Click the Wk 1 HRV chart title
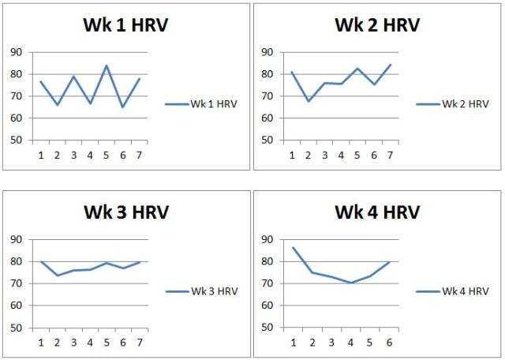pyautogui.click(x=125, y=24)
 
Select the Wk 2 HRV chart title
pyautogui.click(x=376, y=24)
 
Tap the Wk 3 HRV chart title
pyautogui.click(x=125, y=212)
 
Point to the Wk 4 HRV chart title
pyautogui.click(x=376, y=212)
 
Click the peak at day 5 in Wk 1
pyautogui.click(x=107, y=66)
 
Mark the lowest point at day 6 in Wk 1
pyautogui.click(x=123, y=107)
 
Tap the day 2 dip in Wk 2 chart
pyautogui.click(x=309, y=101)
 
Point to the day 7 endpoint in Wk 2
pyautogui.click(x=391, y=65)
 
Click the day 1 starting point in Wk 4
pyautogui.click(x=293, y=247)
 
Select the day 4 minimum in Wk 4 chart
pyautogui.click(x=350, y=283)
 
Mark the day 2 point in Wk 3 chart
pyautogui.click(x=58, y=276)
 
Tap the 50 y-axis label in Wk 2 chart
pyautogui.click(x=267, y=141)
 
